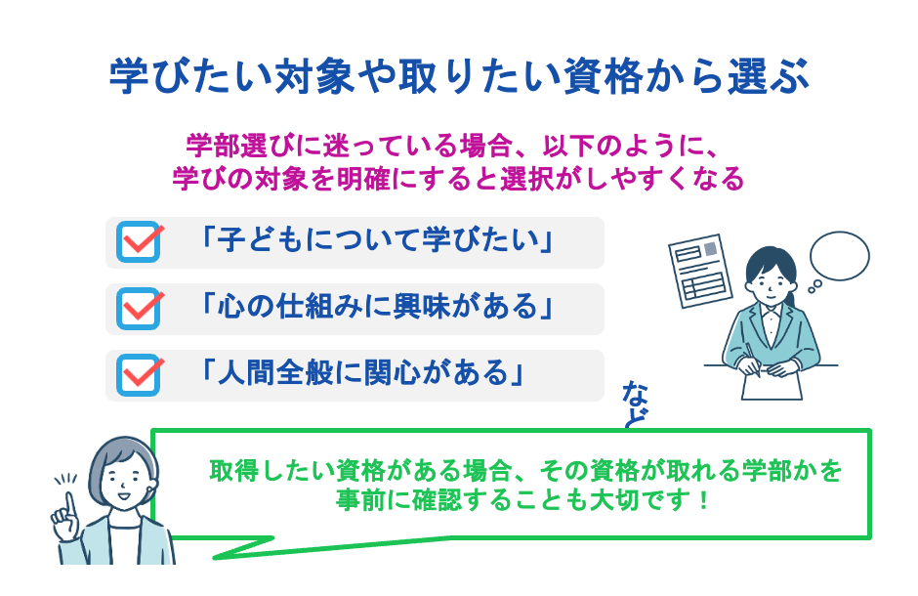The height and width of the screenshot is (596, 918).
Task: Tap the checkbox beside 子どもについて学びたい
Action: click(139, 242)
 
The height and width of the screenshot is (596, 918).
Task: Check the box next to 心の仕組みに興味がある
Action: click(139, 309)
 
